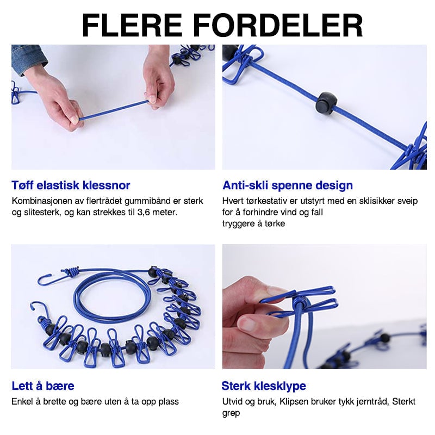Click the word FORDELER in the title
279,25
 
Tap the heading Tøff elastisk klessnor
71,185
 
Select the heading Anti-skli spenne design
288,185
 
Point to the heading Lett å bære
43,386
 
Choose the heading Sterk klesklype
264,386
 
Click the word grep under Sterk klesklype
231,413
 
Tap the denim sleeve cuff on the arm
26,59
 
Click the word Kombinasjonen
41,201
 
